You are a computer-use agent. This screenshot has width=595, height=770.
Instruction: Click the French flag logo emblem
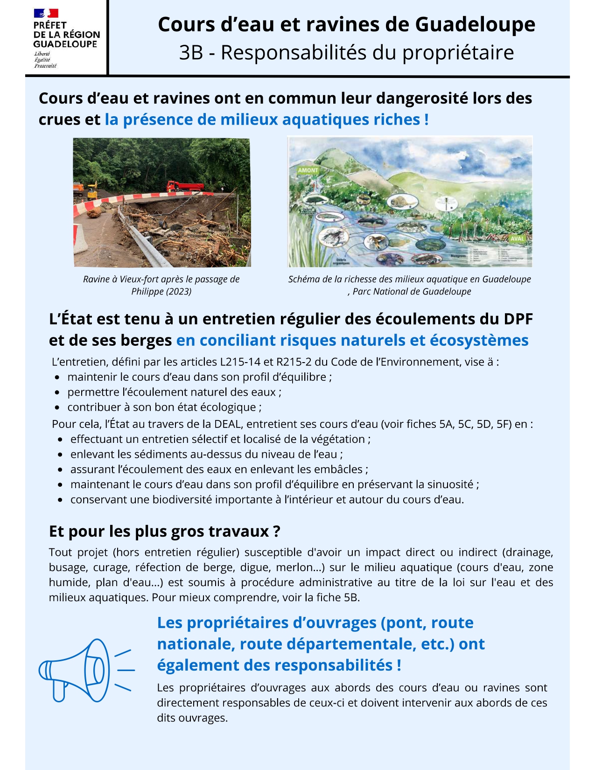coord(46,13)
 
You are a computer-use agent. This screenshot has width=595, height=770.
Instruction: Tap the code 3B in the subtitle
coord(191,52)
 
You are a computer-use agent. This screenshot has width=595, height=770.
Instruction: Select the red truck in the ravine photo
coord(186,186)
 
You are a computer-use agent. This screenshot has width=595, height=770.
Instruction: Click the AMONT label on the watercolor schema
coord(308,170)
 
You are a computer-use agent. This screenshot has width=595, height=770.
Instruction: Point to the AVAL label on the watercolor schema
coord(517,238)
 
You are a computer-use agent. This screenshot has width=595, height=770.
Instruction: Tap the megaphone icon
coord(86,670)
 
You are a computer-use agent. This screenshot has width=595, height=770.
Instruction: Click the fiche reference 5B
coord(350,597)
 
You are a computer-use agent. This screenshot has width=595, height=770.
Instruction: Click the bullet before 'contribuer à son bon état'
coord(57,407)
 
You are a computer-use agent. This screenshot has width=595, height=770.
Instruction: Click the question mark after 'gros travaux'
coord(277,531)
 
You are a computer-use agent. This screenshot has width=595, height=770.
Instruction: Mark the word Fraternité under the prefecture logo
coord(45,66)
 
